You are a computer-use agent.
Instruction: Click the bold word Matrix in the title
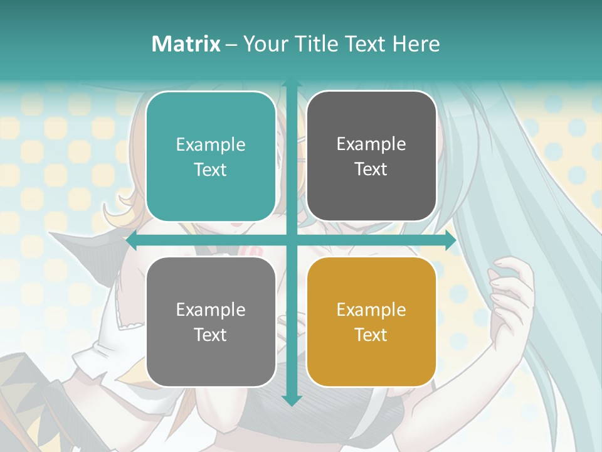click(186, 44)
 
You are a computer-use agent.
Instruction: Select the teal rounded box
click(211, 156)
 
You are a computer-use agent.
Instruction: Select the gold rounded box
click(371, 321)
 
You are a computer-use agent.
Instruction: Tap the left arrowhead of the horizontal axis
click(132, 240)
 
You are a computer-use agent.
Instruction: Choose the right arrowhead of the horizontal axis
click(450, 240)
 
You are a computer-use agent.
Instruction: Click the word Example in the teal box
click(211, 144)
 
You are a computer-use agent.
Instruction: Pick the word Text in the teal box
click(211, 169)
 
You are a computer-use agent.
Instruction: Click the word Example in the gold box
click(371, 309)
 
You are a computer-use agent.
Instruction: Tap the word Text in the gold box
click(371, 335)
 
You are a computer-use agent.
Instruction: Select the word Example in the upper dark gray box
click(371, 144)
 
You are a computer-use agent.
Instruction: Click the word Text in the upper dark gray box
click(371, 169)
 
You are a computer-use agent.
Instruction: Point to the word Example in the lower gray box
click(211, 309)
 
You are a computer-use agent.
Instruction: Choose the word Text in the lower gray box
click(211, 335)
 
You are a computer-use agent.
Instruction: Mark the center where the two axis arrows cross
click(291, 240)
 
